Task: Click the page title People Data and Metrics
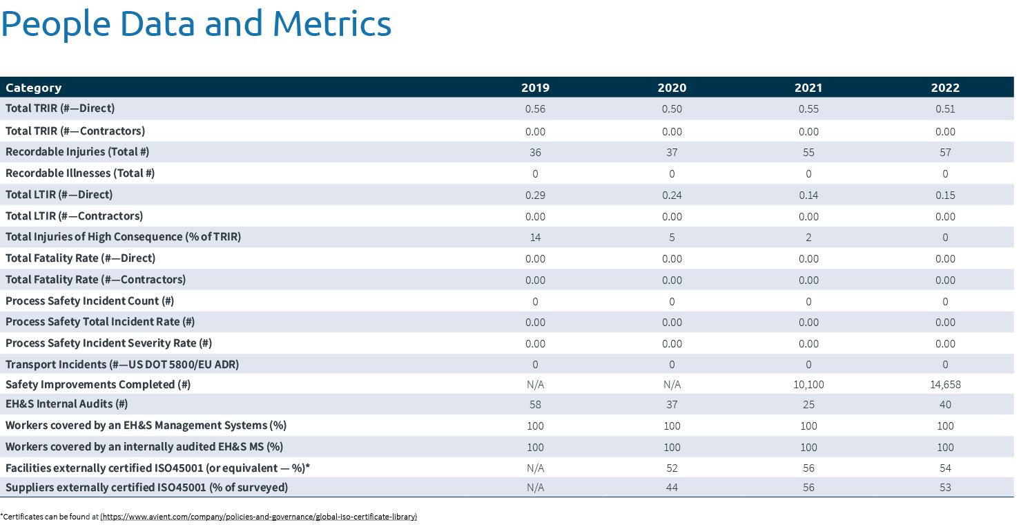(x=196, y=24)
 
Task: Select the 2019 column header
(x=535, y=88)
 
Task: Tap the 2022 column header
(x=945, y=88)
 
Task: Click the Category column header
(x=33, y=88)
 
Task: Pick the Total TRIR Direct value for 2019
(x=535, y=109)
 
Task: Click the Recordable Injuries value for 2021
(x=808, y=152)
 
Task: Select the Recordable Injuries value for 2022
(x=945, y=152)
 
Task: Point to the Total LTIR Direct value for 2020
(x=672, y=195)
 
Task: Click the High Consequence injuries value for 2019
(x=535, y=238)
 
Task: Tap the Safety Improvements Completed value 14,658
(x=945, y=385)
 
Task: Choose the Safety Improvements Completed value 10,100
(x=808, y=385)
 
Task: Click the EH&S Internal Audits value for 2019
(x=535, y=405)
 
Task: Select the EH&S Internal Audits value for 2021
(x=808, y=405)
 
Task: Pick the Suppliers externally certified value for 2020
(x=672, y=488)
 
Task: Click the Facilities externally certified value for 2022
(x=945, y=468)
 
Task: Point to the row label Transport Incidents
(x=122, y=364)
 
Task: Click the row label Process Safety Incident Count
(x=90, y=301)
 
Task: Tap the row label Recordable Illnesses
(x=80, y=173)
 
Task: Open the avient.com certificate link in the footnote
(x=259, y=517)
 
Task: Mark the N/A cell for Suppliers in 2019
(x=535, y=488)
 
